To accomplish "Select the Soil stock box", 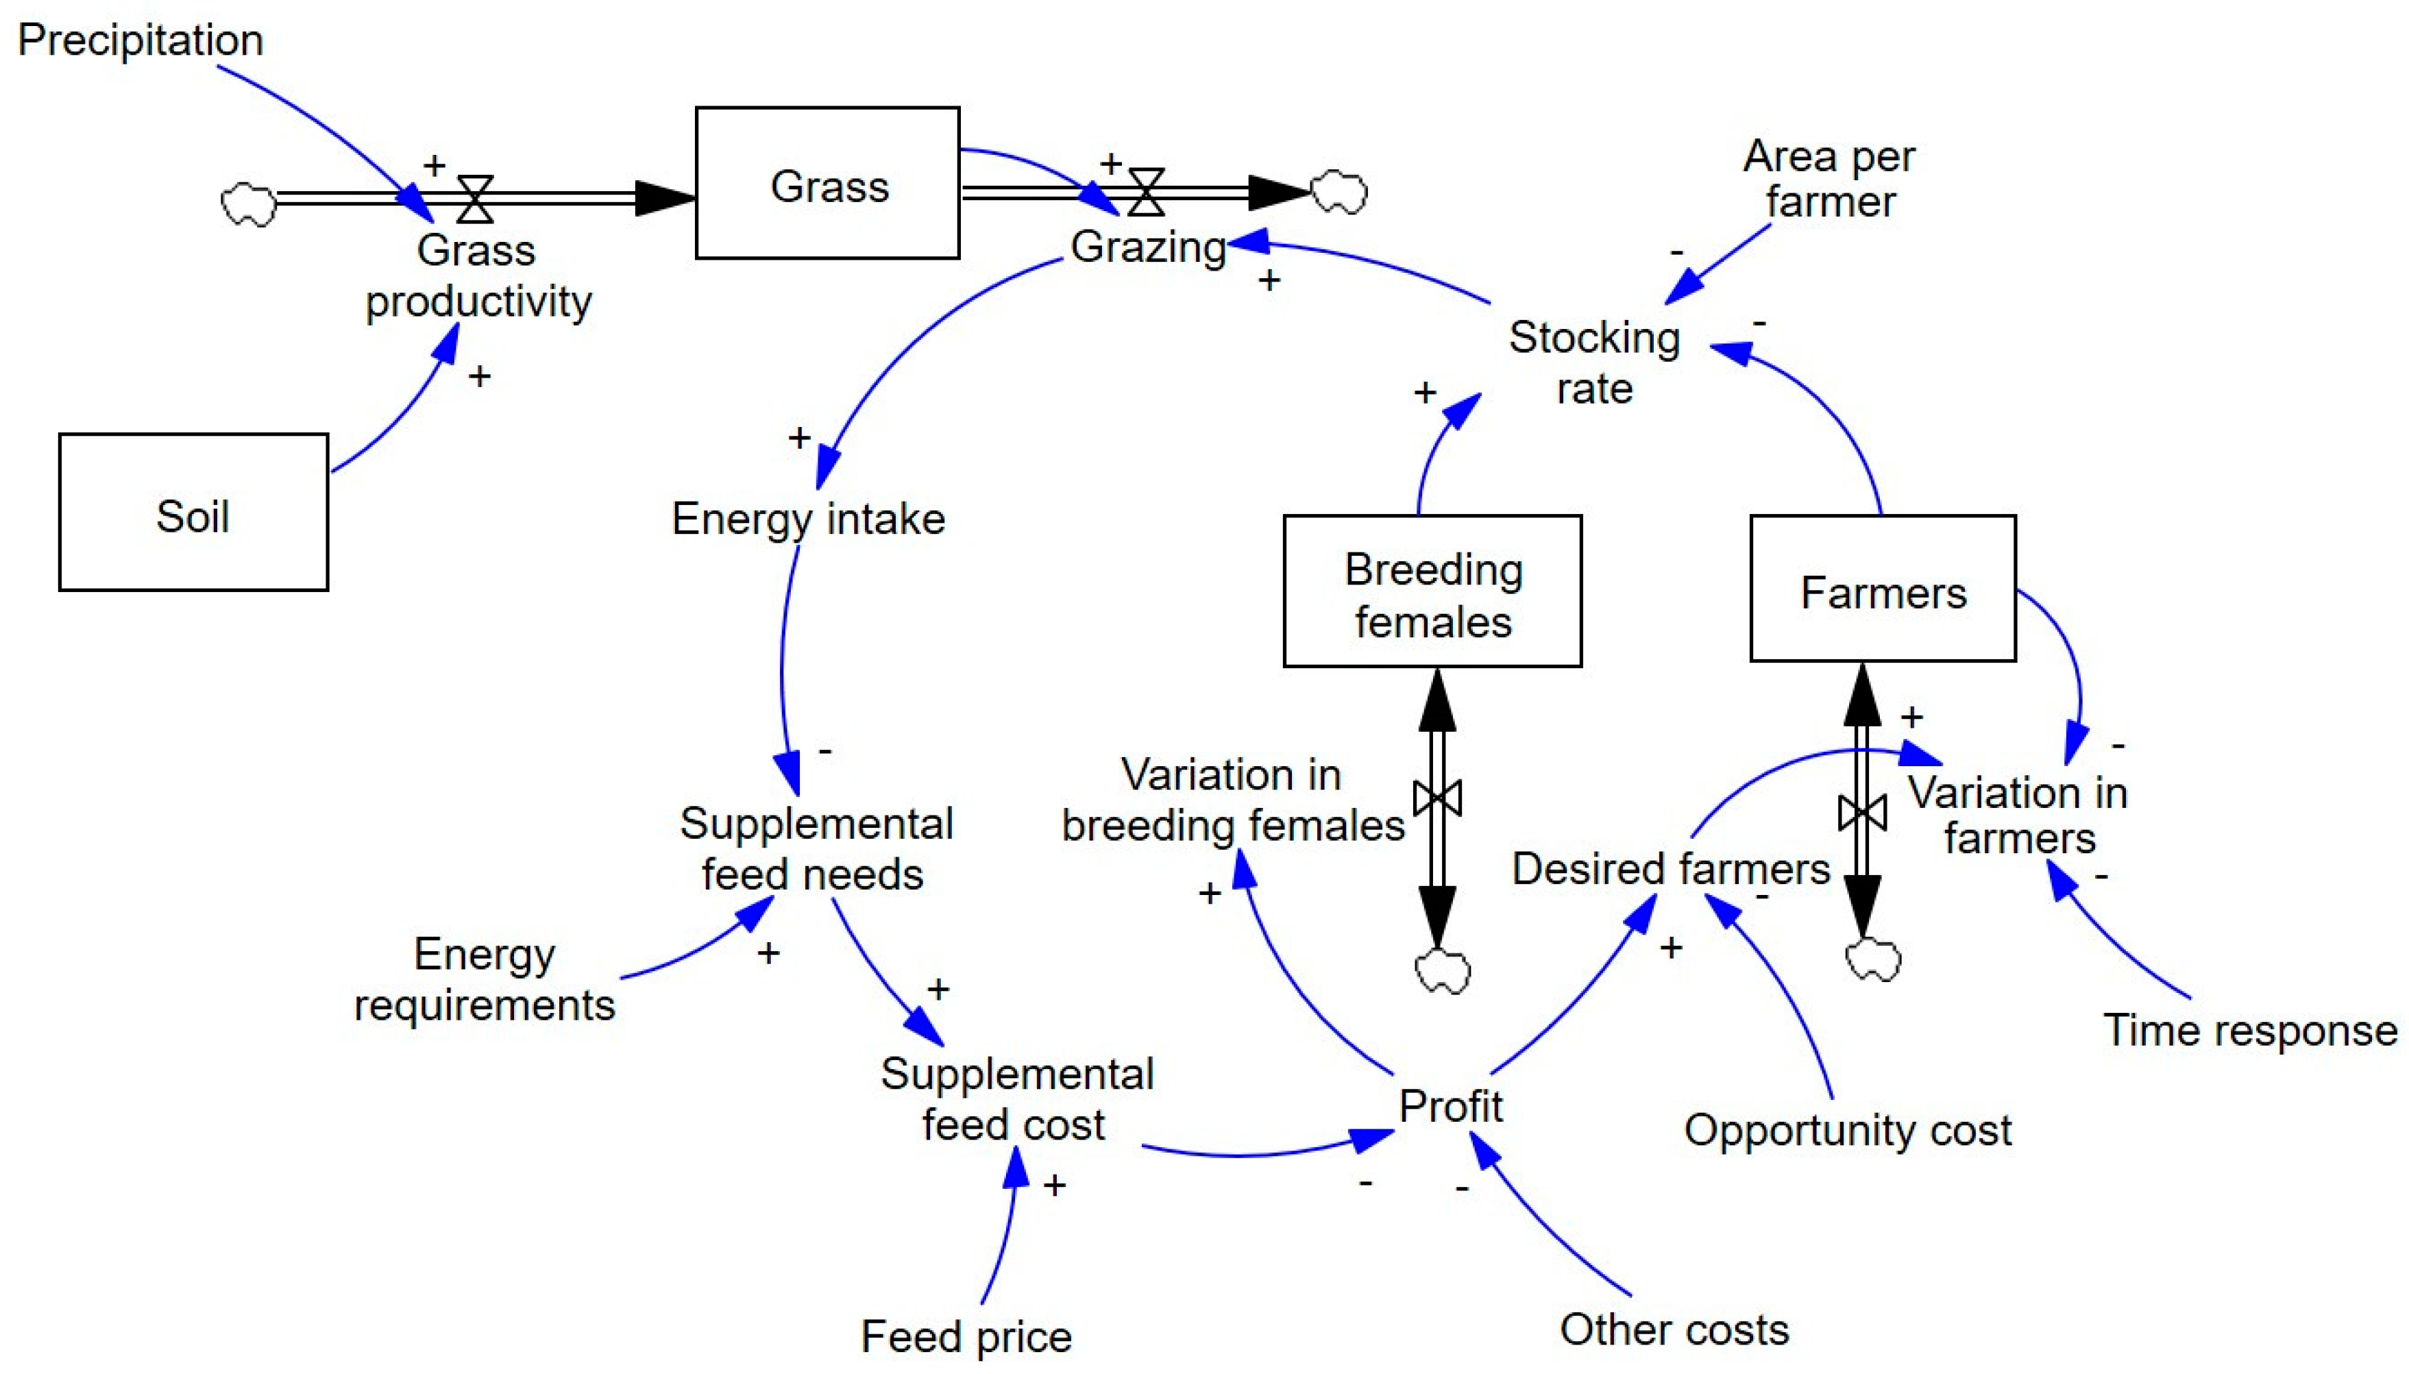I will [x=193, y=513].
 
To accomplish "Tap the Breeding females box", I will [x=1432, y=591].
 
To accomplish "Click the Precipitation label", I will [x=140, y=40].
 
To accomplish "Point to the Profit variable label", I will [x=1450, y=1106].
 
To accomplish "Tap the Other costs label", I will [x=1673, y=1329].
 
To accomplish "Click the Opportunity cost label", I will [x=1846, y=1129].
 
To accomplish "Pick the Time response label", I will [x=2249, y=1029].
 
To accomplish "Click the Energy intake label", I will [x=808, y=519].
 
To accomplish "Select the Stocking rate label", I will [x=1593, y=363].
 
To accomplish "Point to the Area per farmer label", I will [x=1828, y=178].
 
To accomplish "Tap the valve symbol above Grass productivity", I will [x=475, y=198].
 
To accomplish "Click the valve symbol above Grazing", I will [x=1145, y=193].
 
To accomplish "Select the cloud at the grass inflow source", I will [x=248, y=203].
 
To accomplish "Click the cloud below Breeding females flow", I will [x=1442, y=971].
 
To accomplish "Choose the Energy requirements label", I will [x=484, y=979].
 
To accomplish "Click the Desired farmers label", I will [x=1670, y=868].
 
